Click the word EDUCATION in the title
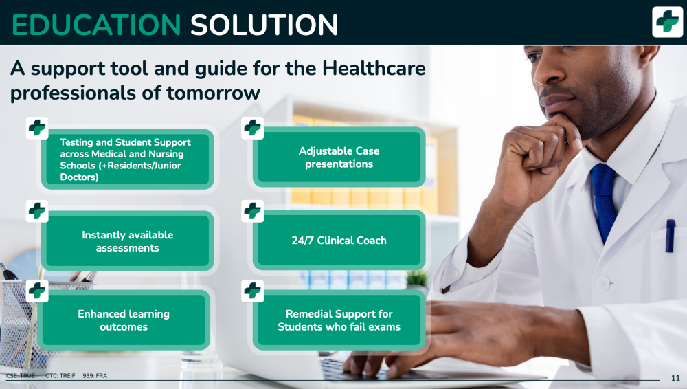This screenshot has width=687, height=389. point(96,25)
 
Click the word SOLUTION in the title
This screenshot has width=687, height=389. point(264,25)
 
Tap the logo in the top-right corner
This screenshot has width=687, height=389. point(667,21)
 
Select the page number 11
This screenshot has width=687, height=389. point(675,377)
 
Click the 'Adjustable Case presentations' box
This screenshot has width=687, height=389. point(339,157)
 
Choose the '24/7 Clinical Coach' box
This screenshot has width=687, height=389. point(339,241)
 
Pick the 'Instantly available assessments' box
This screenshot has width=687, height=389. point(128,241)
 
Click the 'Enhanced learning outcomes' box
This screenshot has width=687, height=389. point(124,320)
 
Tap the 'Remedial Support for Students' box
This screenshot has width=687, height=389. point(339,320)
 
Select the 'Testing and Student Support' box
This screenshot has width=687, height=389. point(128,159)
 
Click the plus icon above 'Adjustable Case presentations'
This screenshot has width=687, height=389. point(252,128)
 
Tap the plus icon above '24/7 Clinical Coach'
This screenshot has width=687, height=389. point(252,211)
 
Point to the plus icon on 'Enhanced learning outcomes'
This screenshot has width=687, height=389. point(37,291)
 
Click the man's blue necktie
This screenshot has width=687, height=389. point(605,199)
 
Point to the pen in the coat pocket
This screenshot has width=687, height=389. point(670,236)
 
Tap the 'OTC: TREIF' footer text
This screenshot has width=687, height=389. point(60,376)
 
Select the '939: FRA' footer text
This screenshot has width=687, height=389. point(95,376)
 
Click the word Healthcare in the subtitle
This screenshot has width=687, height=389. point(374,69)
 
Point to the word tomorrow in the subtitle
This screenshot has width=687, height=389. point(214,93)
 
